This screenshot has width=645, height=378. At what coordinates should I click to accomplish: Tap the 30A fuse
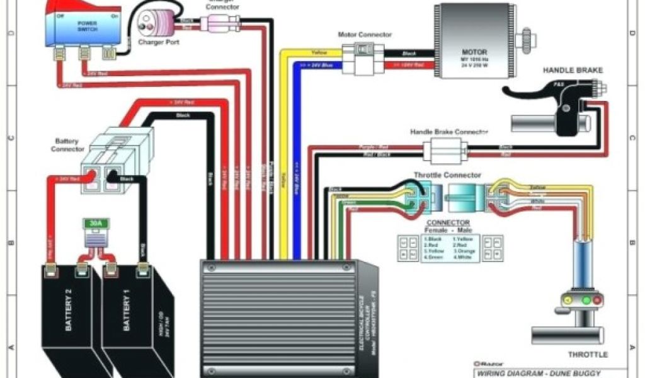(x=94, y=224)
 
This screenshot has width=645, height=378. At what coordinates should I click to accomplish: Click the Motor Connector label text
(x=365, y=35)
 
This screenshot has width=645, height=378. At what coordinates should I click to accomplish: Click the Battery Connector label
(x=68, y=146)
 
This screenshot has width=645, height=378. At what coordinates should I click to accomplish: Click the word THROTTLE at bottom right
(x=588, y=354)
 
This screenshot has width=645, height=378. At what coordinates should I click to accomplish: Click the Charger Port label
(x=157, y=43)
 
